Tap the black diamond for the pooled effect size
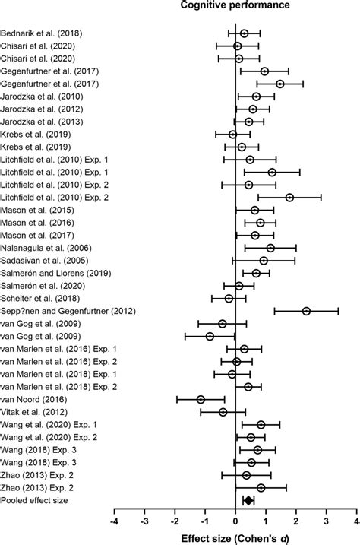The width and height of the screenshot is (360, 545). [248, 499]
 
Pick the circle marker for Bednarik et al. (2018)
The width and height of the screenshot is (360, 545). [244, 33]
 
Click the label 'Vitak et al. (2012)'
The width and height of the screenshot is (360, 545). [35, 411]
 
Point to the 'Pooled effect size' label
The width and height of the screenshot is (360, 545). [34, 499]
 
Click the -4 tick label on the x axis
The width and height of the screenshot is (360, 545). [114, 522]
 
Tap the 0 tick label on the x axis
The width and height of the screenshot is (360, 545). [235, 522]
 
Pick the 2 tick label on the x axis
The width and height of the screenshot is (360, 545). [295, 522]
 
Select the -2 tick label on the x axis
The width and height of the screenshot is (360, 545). [174, 522]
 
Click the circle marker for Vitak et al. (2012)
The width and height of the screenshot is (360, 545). [223, 411]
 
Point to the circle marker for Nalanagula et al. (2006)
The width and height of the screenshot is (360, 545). [270, 248]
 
